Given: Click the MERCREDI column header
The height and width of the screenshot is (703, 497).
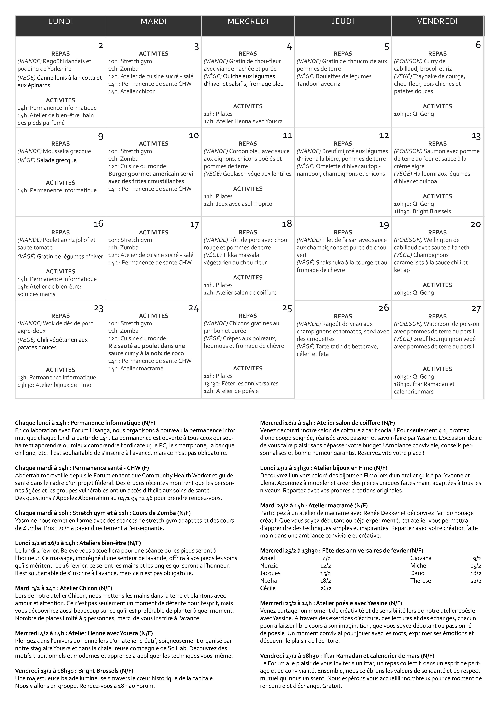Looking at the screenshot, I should coord(248,21).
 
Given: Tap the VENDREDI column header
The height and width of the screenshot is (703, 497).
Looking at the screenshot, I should coord(437,21).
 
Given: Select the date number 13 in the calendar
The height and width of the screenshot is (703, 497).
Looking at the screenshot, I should coord(476,136).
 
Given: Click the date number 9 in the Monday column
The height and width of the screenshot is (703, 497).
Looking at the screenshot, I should coord(100,137).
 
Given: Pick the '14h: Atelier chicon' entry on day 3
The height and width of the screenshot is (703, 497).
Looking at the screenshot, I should coord(132,91).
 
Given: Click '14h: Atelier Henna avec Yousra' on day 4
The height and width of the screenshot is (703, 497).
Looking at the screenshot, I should coord(243,121).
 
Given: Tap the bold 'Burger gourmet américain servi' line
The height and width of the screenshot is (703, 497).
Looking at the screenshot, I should coord(151,174).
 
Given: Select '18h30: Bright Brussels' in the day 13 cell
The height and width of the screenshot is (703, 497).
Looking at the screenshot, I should coord(422,211).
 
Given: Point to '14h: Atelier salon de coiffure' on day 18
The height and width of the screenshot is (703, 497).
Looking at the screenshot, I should coord(240,292).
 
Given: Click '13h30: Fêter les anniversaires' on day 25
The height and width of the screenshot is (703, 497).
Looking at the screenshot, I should coord(241,383).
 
